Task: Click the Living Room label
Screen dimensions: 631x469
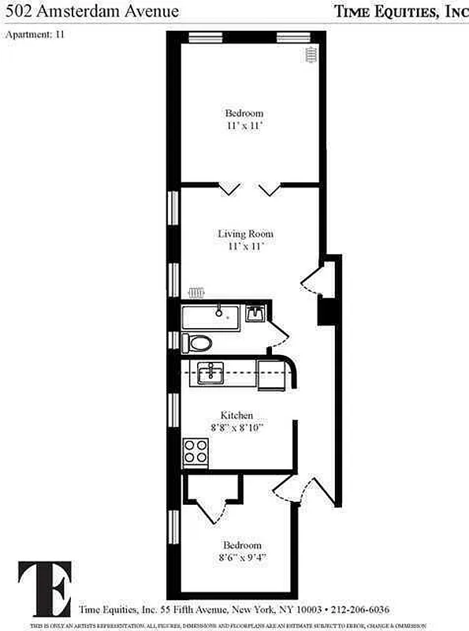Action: (245, 233)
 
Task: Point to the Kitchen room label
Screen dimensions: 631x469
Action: (236, 415)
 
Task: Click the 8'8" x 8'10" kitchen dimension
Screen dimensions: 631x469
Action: (236, 428)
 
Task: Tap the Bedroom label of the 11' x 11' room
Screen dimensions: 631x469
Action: (244, 113)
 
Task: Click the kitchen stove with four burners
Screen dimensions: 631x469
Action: (195, 451)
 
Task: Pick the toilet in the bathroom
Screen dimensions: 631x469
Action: (198, 343)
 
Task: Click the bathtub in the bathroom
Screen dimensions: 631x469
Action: (210, 317)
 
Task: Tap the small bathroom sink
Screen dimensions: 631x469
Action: (255, 314)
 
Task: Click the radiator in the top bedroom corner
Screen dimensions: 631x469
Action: (311, 54)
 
